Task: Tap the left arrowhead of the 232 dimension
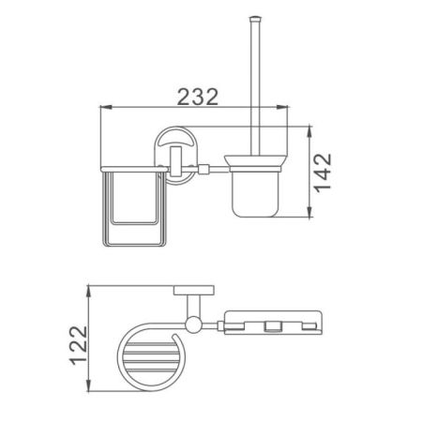[x=104, y=111]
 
